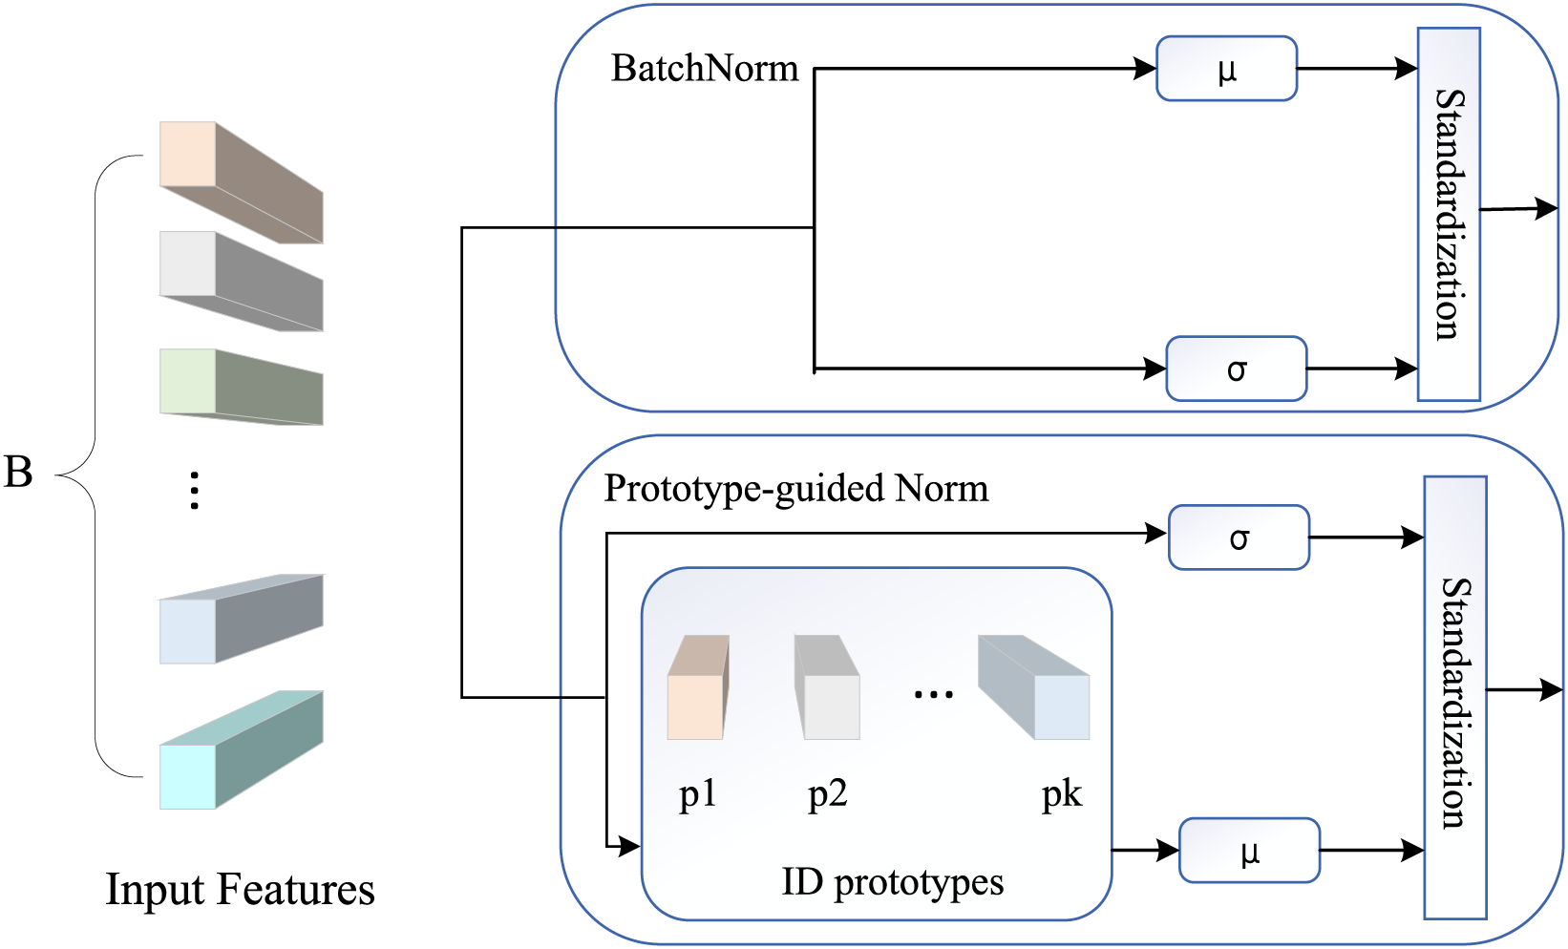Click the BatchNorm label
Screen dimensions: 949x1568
click(705, 69)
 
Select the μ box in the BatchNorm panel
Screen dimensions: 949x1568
click(1226, 69)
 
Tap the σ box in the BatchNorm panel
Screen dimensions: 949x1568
click(1236, 369)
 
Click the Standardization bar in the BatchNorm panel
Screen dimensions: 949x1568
click(1449, 214)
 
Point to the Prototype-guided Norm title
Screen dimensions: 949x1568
click(796, 489)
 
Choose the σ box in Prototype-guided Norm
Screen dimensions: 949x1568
click(1239, 538)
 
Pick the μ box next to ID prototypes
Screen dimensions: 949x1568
click(1249, 850)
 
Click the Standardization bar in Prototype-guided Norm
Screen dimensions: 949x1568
click(1455, 698)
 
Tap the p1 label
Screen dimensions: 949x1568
click(697, 794)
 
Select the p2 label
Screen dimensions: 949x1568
click(827, 794)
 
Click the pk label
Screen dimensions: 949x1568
click(1062, 794)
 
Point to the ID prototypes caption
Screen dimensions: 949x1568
click(892, 882)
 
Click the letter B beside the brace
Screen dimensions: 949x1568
click(19, 472)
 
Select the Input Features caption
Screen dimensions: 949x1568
click(240, 890)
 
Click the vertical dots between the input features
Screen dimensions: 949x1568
click(194, 491)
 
